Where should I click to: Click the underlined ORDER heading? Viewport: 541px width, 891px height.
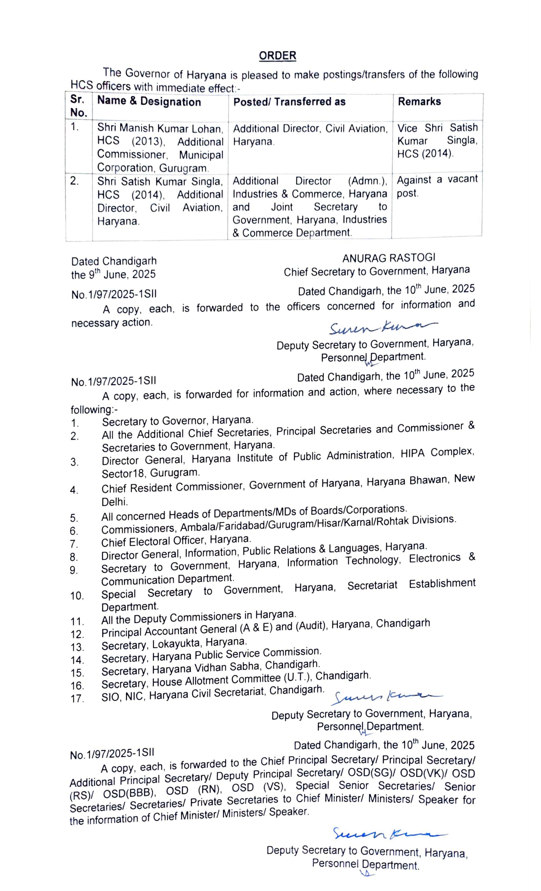pyautogui.click(x=277, y=55)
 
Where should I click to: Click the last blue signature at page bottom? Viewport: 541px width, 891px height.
pyautogui.click(x=389, y=833)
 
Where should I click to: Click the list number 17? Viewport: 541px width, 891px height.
pyautogui.click(x=77, y=698)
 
